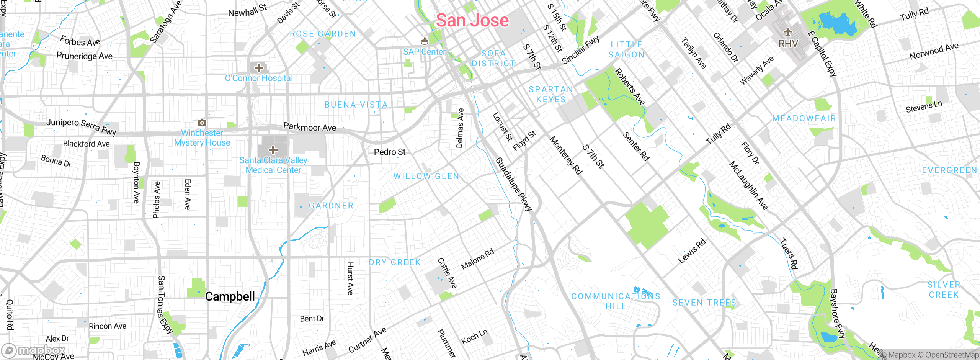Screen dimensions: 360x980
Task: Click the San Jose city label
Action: coord(472,20)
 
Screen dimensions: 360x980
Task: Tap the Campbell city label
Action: coord(230,296)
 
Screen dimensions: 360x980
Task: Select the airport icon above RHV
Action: coord(788,32)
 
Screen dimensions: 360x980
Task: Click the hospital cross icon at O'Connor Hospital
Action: coord(259,68)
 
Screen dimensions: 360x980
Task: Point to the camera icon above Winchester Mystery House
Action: coord(202,123)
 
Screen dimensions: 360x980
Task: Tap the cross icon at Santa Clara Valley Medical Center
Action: coord(273,150)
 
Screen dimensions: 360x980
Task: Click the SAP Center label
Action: coord(424,52)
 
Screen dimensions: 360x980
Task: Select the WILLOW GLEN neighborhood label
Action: coord(426,176)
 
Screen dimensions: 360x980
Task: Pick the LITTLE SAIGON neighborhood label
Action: coord(626,50)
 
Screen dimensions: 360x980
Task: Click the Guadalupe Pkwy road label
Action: coord(514,184)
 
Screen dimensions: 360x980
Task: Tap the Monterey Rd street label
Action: coord(565,155)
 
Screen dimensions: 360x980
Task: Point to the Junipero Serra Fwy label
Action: coord(81,126)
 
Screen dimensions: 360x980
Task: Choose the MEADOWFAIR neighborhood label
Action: coord(804,118)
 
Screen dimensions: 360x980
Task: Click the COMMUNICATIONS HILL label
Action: coord(616,301)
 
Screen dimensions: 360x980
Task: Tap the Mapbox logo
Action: coord(34,350)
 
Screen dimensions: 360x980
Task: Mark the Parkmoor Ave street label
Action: coord(309,127)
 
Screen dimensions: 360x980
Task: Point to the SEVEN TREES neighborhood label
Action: coord(704,303)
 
